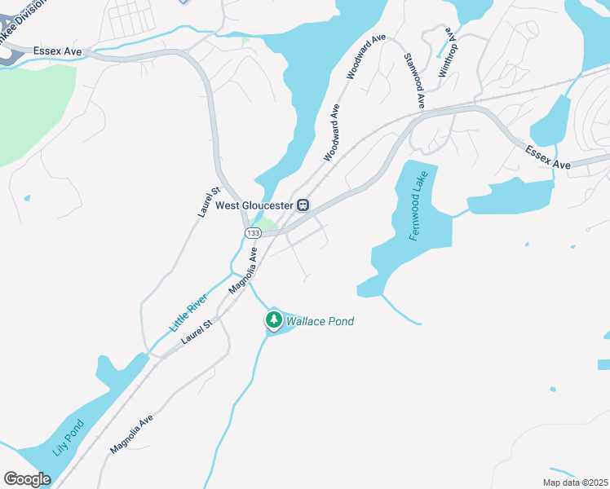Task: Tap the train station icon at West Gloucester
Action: (x=303, y=205)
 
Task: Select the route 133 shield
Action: (x=253, y=233)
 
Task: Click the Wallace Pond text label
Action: (x=320, y=322)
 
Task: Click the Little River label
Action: (x=188, y=311)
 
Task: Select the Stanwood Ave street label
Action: (x=414, y=81)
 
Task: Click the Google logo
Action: (x=27, y=479)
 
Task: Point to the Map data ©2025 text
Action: (x=575, y=482)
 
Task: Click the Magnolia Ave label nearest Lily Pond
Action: (x=131, y=435)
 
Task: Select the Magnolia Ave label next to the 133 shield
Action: (x=243, y=271)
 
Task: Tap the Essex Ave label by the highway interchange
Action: (x=58, y=51)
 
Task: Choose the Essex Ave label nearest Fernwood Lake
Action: (x=548, y=158)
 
